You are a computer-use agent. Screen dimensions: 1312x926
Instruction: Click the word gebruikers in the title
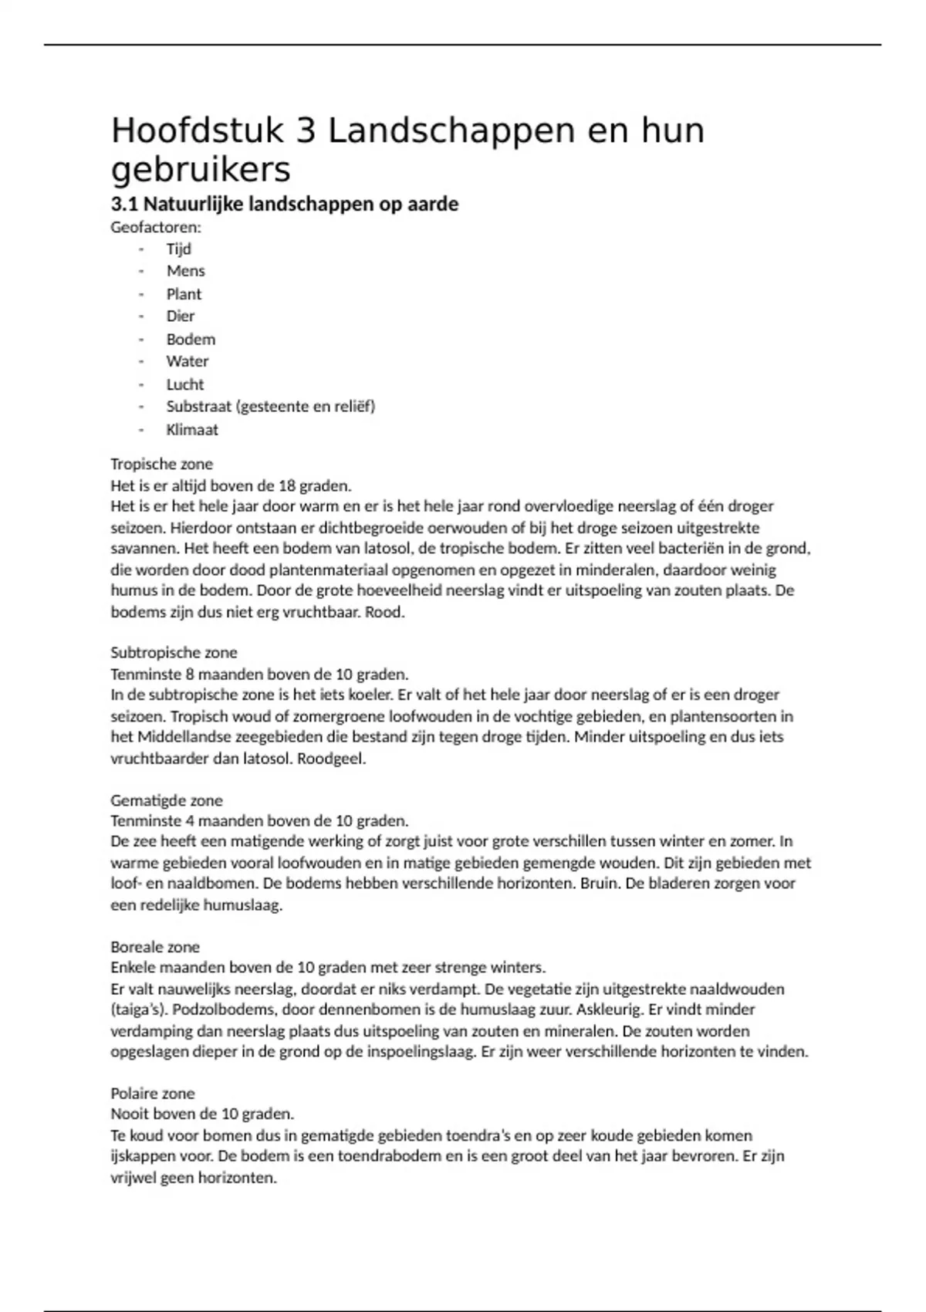point(201,169)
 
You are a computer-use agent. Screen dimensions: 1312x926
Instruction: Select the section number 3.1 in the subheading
point(124,205)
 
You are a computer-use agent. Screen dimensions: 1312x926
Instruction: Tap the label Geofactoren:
point(156,227)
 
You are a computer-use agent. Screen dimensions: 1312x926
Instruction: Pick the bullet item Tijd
point(178,249)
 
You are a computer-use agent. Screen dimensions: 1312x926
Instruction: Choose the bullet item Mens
point(185,271)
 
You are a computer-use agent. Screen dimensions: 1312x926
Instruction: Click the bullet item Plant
point(184,294)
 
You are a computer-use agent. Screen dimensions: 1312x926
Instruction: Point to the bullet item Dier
point(181,316)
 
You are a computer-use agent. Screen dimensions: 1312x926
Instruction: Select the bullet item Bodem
point(191,339)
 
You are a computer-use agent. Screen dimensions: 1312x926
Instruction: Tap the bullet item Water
point(188,361)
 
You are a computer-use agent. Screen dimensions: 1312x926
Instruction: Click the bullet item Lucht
point(185,384)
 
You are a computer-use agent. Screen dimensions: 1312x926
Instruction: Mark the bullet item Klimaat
point(192,430)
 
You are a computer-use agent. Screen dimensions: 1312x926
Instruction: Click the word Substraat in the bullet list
point(198,406)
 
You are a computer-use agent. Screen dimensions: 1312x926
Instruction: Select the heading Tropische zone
point(161,464)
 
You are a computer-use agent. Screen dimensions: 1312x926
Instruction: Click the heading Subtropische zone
point(174,652)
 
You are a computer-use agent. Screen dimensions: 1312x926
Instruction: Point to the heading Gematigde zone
point(166,800)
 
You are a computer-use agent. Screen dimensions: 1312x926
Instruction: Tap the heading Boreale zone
point(155,947)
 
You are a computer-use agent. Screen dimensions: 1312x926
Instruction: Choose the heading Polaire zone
point(152,1093)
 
